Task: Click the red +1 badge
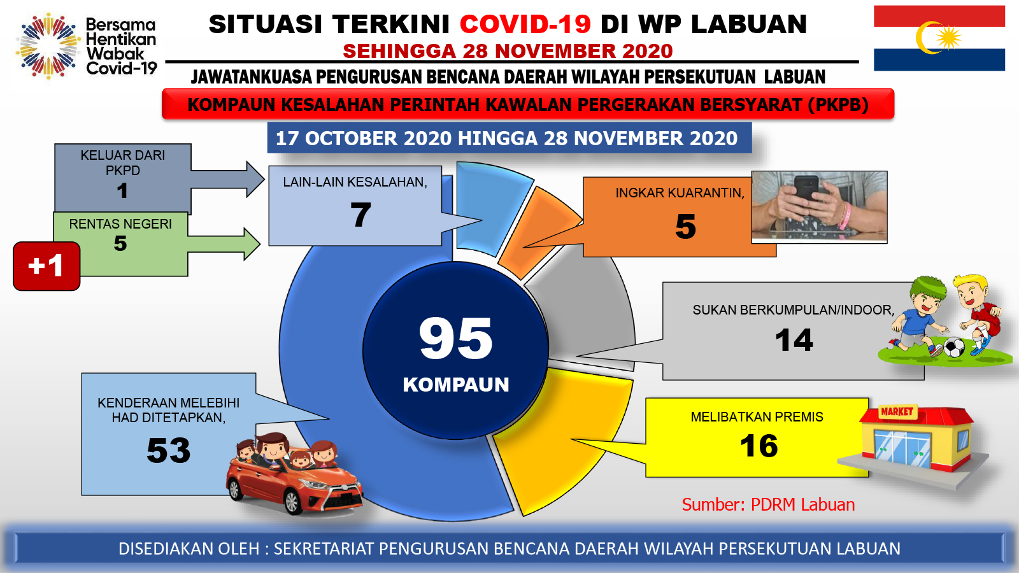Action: coord(46,266)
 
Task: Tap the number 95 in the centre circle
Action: coord(456,338)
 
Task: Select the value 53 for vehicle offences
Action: coord(168,451)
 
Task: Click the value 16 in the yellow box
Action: coord(759,446)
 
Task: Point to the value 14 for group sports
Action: coord(794,340)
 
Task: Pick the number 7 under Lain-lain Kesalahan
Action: coord(360,214)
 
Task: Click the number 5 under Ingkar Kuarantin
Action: coord(685,227)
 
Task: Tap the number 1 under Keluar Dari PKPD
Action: coord(122,190)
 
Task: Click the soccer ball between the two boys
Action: coord(954,348)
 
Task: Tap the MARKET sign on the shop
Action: coord(897,411)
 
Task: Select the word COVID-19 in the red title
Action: coord(525,24)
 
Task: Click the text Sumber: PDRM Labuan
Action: coord(768,505)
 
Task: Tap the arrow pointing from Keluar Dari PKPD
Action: coord(227,179)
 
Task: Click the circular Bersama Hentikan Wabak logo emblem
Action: coord(48,46)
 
